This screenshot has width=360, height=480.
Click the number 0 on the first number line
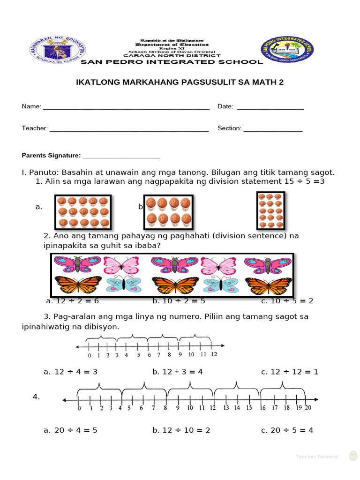click(x=90, y=355)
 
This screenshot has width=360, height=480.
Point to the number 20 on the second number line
click(x=307, y=408)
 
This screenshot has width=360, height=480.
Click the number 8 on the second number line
click(x=165, y=408)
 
